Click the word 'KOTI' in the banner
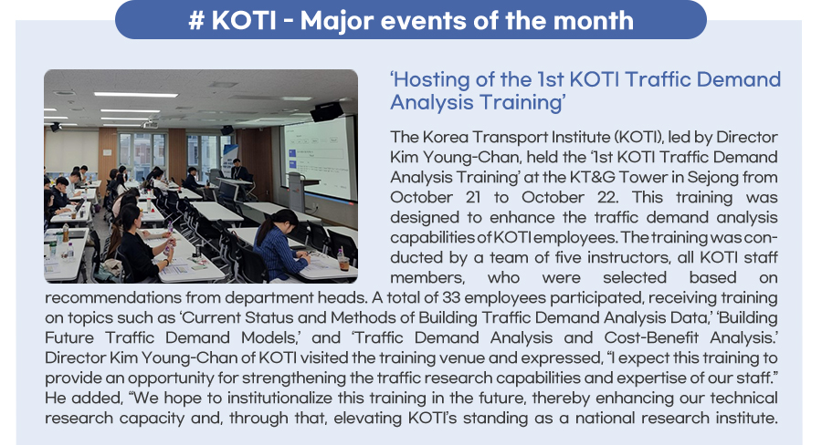click(243, 21)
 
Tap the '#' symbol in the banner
click(196, 21)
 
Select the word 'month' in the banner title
click(594, 21)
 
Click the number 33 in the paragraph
click(450, 297)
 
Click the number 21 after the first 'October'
click(473, 197)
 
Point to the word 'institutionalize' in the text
click(280, 398)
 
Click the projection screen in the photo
click(317, 160)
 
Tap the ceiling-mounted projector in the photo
click(151, 124)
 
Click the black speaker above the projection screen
click(327, 111)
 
